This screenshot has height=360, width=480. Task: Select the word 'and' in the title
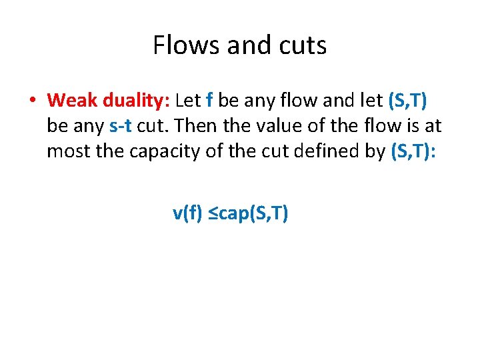247,45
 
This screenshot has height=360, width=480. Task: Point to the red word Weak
73,100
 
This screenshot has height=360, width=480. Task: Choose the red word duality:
137,100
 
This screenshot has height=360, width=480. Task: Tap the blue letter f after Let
210,100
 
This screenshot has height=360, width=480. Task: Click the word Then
177,125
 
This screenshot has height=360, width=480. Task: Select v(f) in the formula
187,213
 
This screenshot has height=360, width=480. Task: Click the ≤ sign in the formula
211,213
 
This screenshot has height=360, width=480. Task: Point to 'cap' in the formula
233,214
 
